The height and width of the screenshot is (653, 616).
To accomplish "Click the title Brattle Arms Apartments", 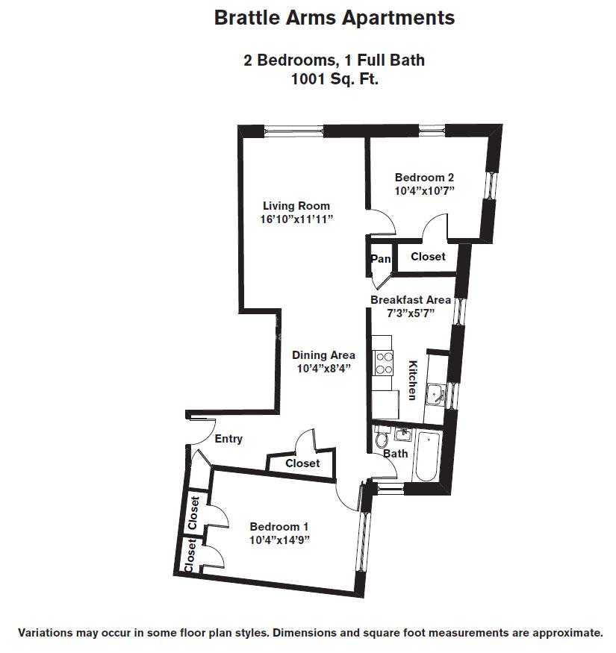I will [x=334, y=18].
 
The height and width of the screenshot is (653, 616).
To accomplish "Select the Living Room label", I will [x=296, y=206].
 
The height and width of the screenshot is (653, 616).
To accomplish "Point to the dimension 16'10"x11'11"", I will [x=296, y=219].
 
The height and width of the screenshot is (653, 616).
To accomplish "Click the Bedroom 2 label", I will [x=424, y=178].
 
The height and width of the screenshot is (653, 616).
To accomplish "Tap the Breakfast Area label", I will [x=411, y=300].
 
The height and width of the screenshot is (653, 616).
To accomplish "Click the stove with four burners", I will [x=383, y=362].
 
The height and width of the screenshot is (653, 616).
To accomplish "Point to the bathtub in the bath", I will [x=428, y=457].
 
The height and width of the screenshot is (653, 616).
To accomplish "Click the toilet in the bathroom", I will [x=382, y=439].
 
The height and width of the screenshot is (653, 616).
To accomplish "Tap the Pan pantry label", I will [x=379, y=259].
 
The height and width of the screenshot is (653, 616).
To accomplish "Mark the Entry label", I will [x=228, y=439].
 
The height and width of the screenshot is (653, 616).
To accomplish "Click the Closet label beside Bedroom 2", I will [x=428, y=257].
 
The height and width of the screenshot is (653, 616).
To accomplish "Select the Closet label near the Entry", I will [x=302, y=463].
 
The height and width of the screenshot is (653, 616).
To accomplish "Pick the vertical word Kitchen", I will [x=411, y=381].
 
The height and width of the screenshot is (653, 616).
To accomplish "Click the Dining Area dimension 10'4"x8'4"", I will [x=323, y=369].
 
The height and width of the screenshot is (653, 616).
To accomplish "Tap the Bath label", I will [x=395, y=453].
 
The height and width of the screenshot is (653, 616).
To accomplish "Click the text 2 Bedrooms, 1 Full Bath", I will [x=334, y=60].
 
